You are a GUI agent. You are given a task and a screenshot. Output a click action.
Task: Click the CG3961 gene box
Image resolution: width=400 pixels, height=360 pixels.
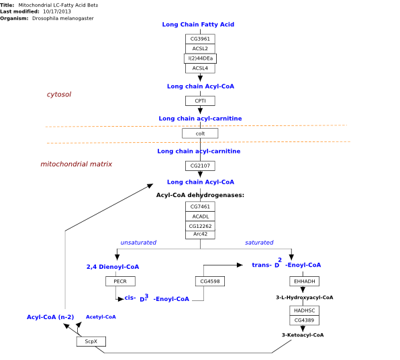[x=200, y=39]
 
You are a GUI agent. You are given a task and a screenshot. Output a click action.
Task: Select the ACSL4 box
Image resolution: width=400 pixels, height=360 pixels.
[x=200, y=68]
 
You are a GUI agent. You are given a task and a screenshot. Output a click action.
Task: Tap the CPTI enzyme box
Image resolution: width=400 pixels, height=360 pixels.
[x=200, y=101]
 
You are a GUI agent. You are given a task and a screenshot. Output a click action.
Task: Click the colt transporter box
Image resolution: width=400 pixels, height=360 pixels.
[x=200, y=133]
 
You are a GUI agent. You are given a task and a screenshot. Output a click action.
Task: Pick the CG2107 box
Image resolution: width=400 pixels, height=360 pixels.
[x=200, y=166]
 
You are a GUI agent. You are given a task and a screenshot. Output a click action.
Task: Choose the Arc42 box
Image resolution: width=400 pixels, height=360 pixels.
[x=200, y=235]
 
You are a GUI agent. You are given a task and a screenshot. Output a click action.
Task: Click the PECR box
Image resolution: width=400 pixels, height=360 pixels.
[x=120, y=282]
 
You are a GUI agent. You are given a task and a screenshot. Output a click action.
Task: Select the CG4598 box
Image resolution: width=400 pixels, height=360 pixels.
[x=210, y=282]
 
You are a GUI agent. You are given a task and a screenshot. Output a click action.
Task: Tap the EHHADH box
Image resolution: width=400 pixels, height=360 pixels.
[x=304, y=282]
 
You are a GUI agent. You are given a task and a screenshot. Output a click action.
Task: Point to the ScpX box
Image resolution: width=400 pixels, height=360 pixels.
[x=91, y=341]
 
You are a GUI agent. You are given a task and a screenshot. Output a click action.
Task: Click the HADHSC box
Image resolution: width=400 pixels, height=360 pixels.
[x=304, y=310]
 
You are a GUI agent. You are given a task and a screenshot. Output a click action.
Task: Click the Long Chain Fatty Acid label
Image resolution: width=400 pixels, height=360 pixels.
[x=198, y=24]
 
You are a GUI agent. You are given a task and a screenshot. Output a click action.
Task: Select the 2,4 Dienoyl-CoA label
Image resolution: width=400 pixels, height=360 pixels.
[x=113, y=267]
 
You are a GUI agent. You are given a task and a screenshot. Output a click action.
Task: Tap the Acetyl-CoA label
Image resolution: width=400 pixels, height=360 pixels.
[x=101, y=317]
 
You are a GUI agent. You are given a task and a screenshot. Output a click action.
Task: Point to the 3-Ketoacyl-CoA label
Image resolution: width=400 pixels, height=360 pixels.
[x=303, y=335]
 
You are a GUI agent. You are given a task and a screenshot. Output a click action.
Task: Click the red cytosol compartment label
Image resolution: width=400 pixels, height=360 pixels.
[x=59, y=95]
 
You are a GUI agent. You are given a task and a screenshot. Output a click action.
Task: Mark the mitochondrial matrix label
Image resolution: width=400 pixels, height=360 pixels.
[x=77, y=164]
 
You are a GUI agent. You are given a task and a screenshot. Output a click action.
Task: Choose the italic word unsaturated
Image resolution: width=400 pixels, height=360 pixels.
[x=138, y=243]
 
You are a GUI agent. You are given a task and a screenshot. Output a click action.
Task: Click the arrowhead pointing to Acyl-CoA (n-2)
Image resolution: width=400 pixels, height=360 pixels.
[x=66, y=326]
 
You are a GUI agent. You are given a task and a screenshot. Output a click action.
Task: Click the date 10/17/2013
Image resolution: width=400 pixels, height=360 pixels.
[x=57, y=11]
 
